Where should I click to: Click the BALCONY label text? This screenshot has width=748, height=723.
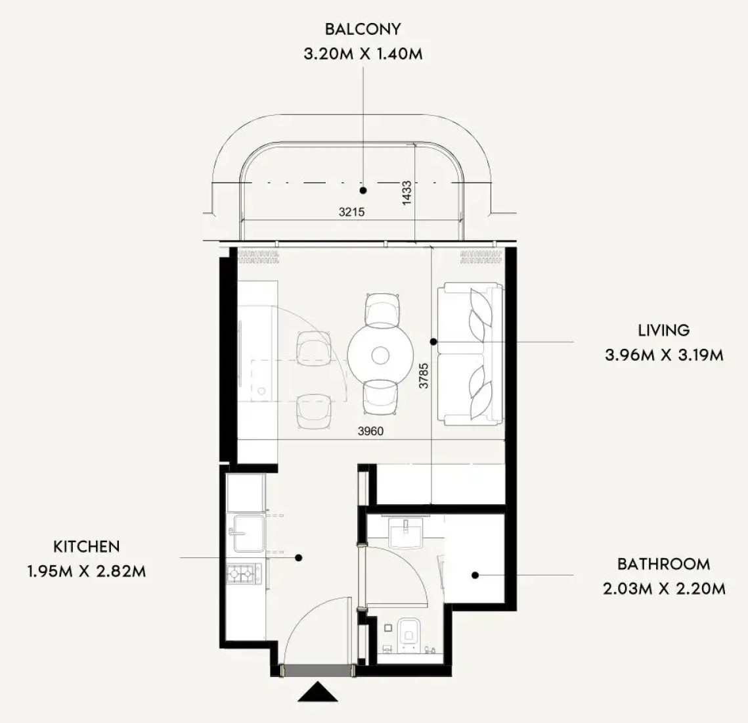(363, 29)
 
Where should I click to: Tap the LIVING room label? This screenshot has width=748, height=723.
(663, 331)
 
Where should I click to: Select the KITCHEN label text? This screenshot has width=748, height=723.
(86, 546)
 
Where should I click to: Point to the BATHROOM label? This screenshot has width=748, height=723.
(663, 564)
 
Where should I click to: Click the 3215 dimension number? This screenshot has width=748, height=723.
(351, 212)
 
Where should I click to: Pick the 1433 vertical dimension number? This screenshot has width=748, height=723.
(407, 193)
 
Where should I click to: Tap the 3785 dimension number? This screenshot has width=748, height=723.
(424, 376)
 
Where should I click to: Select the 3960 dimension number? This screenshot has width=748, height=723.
(370, 431)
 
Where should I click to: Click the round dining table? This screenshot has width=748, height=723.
(380, 355)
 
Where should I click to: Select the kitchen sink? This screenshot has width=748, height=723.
(246, 532)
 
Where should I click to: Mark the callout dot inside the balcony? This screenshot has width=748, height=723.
(363, 190)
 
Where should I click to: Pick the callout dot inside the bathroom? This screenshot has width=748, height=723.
(475, 575)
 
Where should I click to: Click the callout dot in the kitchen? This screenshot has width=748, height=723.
(299, 557)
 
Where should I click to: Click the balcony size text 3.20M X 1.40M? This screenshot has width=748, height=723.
(363, 53)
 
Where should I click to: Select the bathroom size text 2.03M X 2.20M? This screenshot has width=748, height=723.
(664, 589)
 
